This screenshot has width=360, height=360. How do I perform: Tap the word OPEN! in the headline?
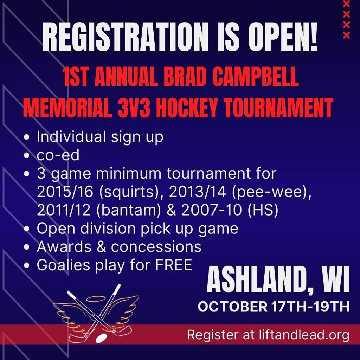(x=283, y=37)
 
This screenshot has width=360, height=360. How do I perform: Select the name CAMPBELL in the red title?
(x=255, y=76)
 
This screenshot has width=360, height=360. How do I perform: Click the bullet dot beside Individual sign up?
(x=27, y=137)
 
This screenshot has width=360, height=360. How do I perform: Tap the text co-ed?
(x=58, y=155)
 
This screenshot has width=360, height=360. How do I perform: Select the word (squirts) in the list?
(x=129, y=192)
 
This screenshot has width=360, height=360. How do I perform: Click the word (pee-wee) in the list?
(x=271, y=192)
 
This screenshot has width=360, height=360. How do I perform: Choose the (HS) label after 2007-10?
(x=263, y=210)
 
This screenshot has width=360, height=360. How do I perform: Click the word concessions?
(x=156, y=247)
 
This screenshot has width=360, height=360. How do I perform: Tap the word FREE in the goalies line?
(x=174, y=265)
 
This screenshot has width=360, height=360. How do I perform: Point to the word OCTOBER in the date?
(x=233, y=306)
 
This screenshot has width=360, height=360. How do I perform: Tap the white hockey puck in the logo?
(x=101, y=338)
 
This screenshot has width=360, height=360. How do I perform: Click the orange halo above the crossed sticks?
(x=96, y=298)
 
